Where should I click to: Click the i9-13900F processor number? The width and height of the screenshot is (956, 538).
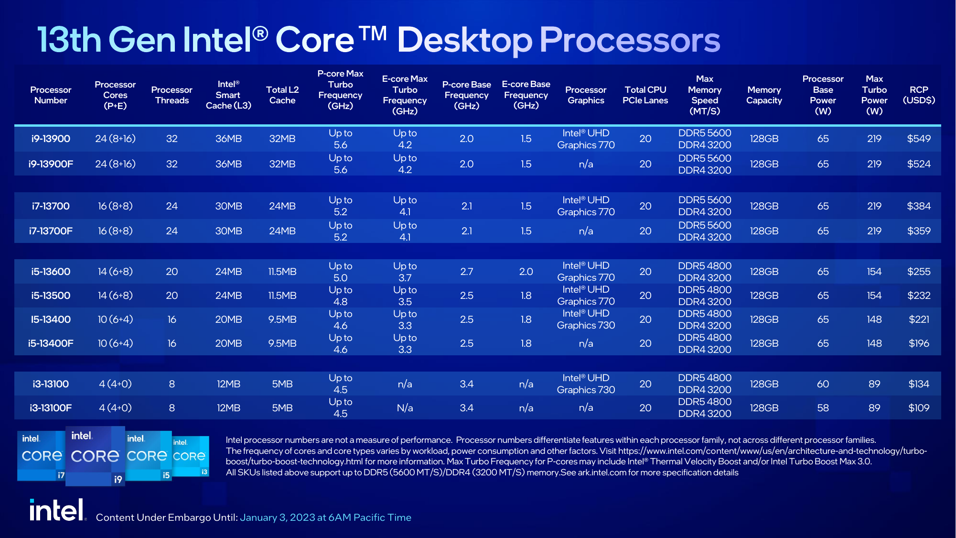pyautogui.click(x=51, y=164)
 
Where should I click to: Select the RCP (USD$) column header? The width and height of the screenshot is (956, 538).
pyautogui.click(x=919, y=95)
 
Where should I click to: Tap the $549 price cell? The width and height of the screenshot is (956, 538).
pyautogui.click(x=919, y=139)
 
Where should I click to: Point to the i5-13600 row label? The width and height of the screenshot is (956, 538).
pyautogui.click(x=51, y=272)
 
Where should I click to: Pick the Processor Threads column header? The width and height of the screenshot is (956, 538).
pyautogui.click(x=172, y=95)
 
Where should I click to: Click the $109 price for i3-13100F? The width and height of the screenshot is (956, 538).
pyautogui.click(x=919, y=408)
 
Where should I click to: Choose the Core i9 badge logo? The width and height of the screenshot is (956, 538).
pyautogui.click(x=95, y=456)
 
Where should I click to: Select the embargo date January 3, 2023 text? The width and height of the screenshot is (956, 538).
pyautogui.click(x=325, y=517)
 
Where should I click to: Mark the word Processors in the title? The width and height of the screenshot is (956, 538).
pyautogui.click(x=629, y=40)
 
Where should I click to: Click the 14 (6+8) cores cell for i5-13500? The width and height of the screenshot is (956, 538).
pyautogui.click(x=115, y=296)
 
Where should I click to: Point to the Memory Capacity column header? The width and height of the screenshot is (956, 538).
pyautogui.click(x=764, y=95)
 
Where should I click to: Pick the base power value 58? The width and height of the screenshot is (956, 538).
pyautogui.click(x=823, y=408)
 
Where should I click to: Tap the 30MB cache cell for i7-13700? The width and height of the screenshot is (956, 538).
pyautogui.click(x=228, y=206)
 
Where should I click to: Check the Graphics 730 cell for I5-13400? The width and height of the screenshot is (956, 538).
pyautogui.click(x=586, y=319)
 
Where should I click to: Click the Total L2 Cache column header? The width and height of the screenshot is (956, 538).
pyautogui.click(x=282, y=95)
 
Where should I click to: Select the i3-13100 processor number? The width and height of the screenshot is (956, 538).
pyautogui.click(x=51, y=384)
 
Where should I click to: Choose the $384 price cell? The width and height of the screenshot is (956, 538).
pyautogui.click(x=919, y=206)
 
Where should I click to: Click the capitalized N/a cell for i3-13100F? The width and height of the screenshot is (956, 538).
pyautogui.click(x=405, y=408)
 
